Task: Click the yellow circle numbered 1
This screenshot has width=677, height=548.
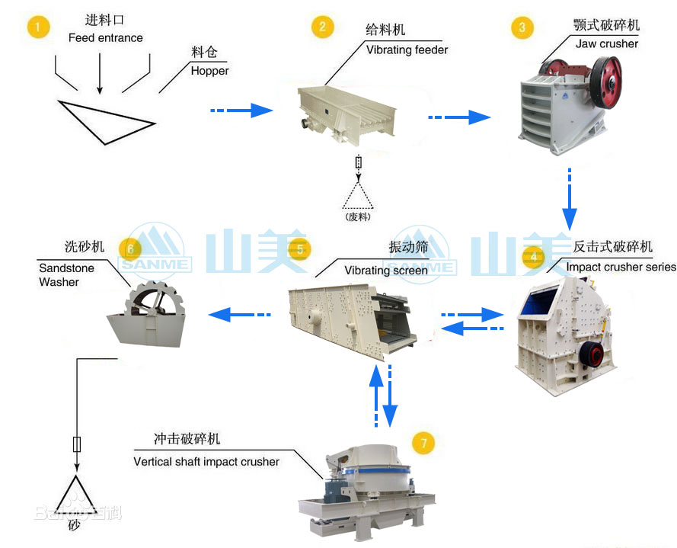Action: (38, 28)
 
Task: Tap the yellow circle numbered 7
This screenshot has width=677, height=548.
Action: (423, 443)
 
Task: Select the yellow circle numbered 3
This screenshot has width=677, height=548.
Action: (521, 28)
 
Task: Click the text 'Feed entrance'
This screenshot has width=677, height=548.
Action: (105, 37)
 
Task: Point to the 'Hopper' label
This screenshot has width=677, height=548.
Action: (209, 71)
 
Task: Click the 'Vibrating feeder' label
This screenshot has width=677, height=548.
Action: (407, 50)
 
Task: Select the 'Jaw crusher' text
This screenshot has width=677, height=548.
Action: (607, 43)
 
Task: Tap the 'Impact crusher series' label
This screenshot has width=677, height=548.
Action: (621, 267)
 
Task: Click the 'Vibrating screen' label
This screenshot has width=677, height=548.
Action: (386, 271)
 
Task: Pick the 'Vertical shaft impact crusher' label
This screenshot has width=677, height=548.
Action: (206, 461)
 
